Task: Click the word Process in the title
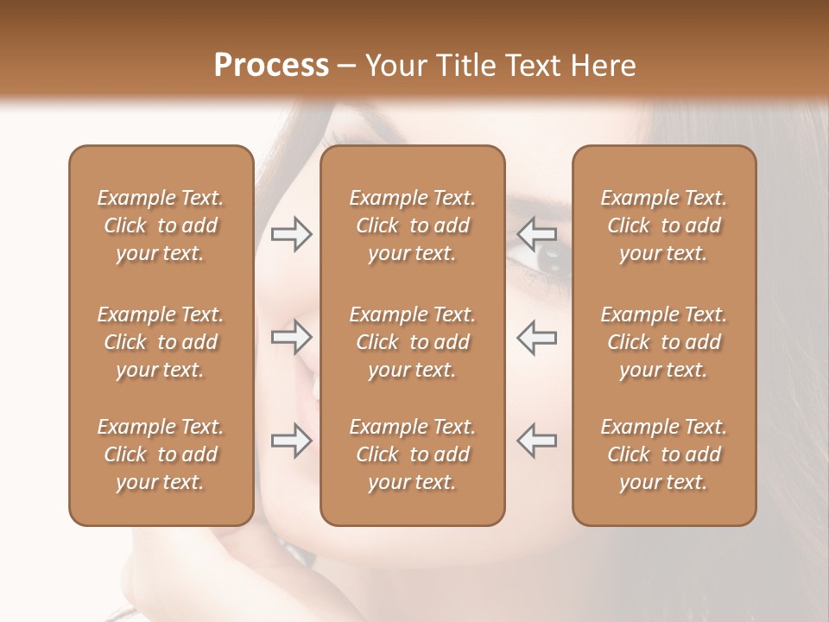(x=271, y=66)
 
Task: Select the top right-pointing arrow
(x=292, y=233)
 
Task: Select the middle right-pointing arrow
(x=292, y=337)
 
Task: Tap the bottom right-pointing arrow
(x=292, y=441)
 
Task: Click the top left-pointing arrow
(x=537, y=233)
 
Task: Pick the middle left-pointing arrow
(x=537, y=337)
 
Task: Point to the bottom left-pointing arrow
(x=537, y=441)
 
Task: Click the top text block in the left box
(x=161, y=225)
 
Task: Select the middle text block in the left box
(x=161, y=342)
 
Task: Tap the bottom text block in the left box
(x=161, y=454)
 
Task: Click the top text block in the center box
(x=412, y=225)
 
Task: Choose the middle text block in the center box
(x=412, y=342)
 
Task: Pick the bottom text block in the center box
(x=412, y=454)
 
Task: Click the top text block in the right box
(x=663, y=225)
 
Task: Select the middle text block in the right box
(x=663, y=342)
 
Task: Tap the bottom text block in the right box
(x=663, y=454)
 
